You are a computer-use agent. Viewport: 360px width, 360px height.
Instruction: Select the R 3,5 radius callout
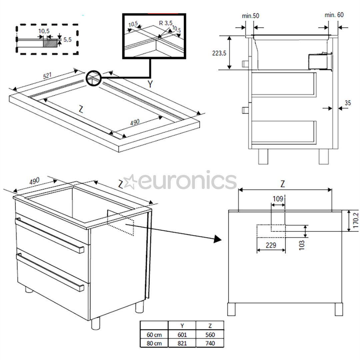[x=166, y=23]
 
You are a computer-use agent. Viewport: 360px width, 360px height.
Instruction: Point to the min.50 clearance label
[x=250, y=15]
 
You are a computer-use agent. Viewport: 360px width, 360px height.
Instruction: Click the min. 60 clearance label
[x=334, y=15]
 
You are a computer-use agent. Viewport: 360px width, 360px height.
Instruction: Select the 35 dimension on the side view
[x=347, y=103]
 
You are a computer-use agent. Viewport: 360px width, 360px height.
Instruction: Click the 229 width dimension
[x=271, y=245]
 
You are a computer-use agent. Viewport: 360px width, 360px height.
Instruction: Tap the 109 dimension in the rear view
[x=278, y=199]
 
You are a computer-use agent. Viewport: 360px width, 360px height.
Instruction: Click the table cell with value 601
[x=182, y=335]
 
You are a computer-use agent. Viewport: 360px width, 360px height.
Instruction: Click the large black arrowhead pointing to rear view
[x=218, y=239]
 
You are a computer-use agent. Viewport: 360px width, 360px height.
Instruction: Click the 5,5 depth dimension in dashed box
[x=67, y=39]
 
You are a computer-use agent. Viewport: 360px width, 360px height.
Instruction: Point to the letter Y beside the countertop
[x=150, y=84]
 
